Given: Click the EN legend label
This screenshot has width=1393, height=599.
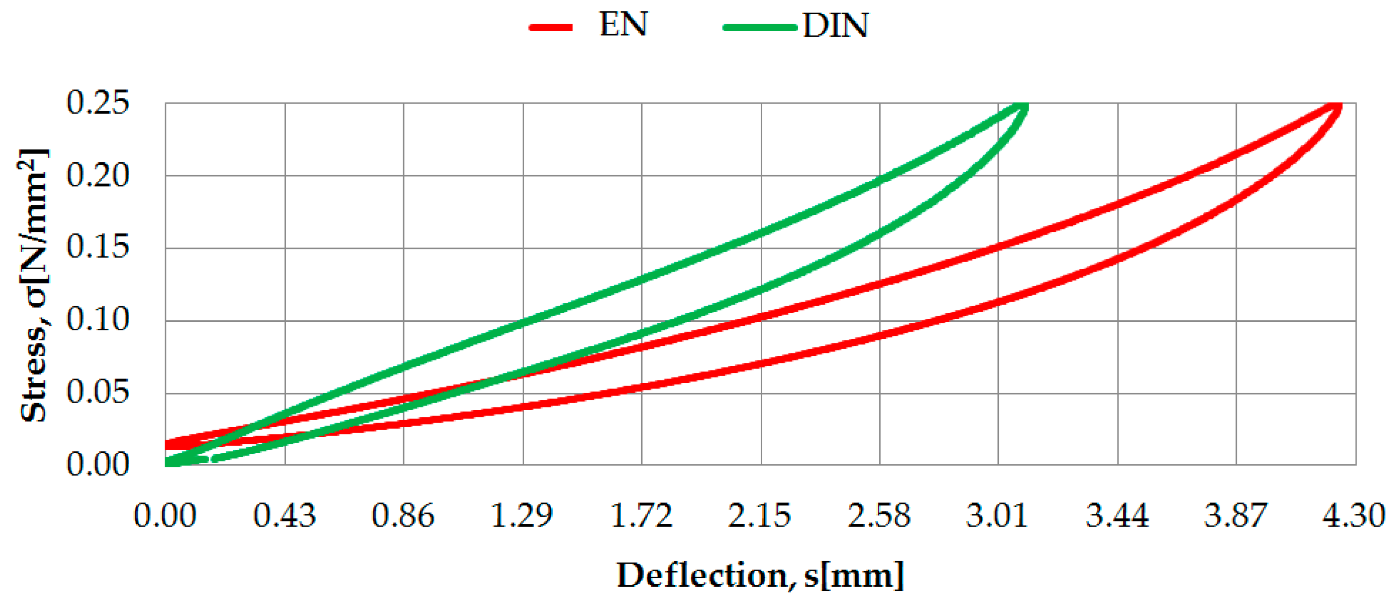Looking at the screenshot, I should tap(623, 25).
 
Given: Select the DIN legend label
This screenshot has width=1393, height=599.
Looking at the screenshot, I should tap(836, 26).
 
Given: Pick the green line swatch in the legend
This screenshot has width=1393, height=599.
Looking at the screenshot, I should tap(760, 27).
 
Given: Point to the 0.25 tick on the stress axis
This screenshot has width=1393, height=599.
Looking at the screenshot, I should tap(98, 102).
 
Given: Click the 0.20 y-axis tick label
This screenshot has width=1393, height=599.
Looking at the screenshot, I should tap(98, 175).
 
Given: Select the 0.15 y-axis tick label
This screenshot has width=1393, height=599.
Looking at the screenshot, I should tap(98, 247).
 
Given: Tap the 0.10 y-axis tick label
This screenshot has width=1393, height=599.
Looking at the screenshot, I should tap(98, 320).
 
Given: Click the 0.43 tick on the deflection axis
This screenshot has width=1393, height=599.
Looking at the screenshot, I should tap(284, 515).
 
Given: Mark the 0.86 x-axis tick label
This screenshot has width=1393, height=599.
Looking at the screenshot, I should tap(403, 515).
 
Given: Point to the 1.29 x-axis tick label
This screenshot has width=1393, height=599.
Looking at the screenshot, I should tap(522, 515).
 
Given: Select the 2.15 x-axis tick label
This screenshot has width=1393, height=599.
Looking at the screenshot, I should tap(760, 515).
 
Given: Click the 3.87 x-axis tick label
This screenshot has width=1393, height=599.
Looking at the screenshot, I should tap(1235, 515).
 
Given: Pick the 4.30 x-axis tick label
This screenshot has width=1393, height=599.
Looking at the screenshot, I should tap(1354, 515).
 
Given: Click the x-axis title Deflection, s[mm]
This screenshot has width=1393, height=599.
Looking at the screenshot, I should tap(760, 575).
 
